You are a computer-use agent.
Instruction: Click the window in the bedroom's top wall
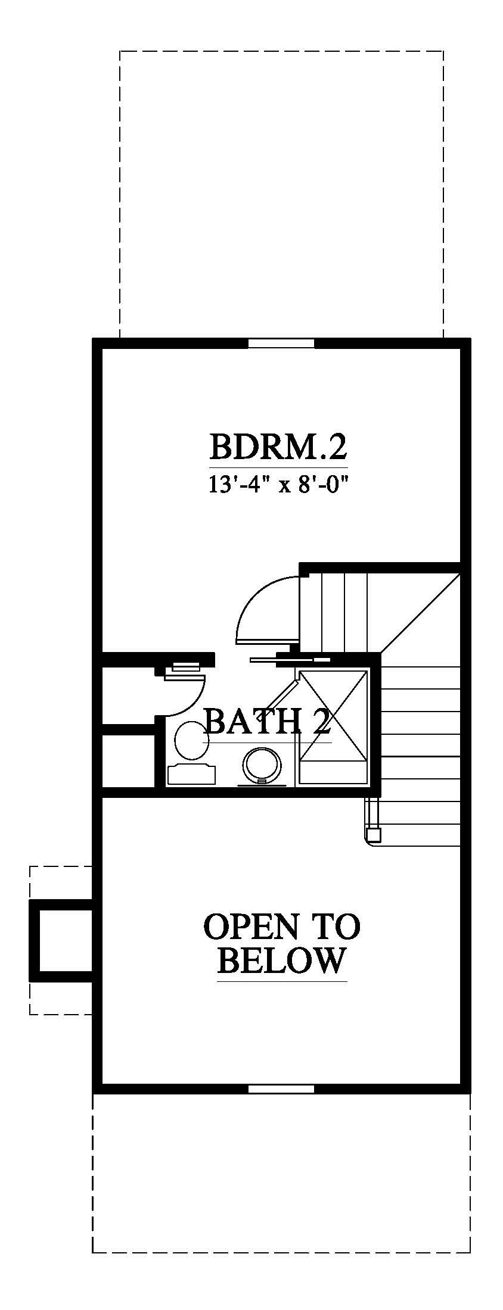pyautogui.click(x=281, y=343)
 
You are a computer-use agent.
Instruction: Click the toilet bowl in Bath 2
pyautogui.click(x=191, y=740)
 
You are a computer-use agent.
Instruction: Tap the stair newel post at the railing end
pyautogui.click(x=374, y=834)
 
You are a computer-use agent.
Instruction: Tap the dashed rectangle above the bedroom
pyautogui.click(x=281, y=194)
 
